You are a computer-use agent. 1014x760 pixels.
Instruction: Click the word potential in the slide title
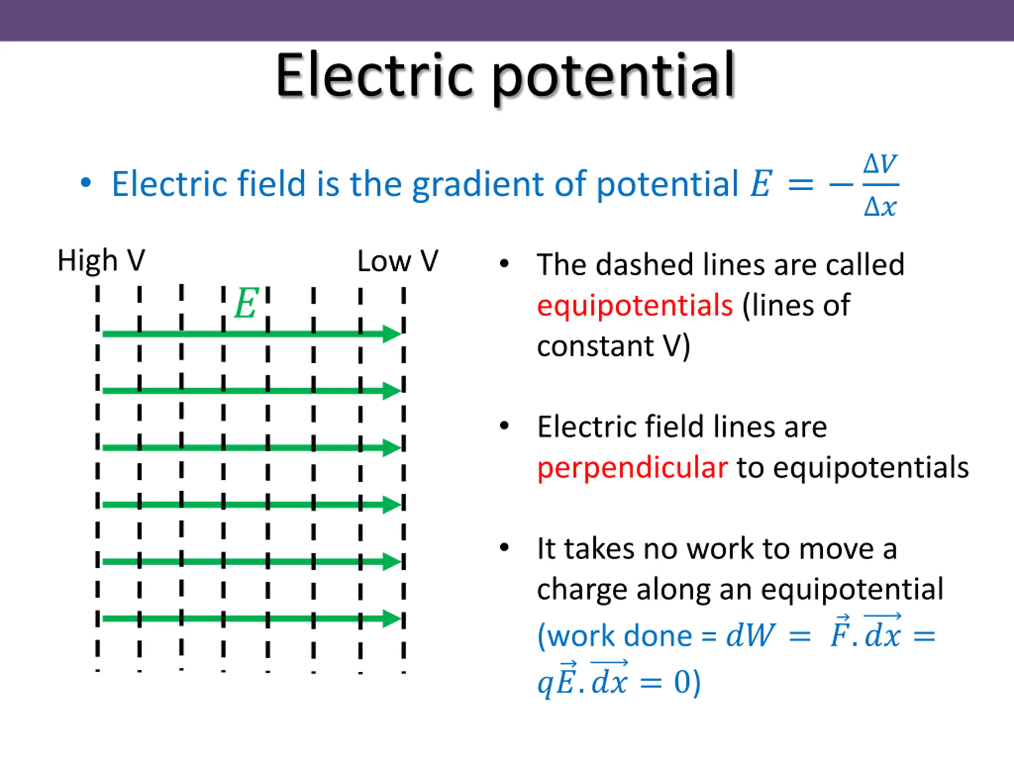point(614,78)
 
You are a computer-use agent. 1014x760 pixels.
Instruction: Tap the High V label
point(101,261)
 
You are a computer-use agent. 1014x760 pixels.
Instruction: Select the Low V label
point(397,262)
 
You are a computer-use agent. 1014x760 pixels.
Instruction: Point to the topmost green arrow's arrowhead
point(393,334)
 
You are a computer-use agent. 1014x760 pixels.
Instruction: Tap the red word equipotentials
point(635,305)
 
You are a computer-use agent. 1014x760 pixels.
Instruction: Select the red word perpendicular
point(632,468)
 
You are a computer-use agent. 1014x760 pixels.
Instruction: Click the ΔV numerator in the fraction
point(880,164)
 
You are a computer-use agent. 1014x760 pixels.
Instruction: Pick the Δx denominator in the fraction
point(880,207)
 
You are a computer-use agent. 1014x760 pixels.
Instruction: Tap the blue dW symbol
point(751,636)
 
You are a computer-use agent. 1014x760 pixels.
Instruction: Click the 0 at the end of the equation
point(682,682)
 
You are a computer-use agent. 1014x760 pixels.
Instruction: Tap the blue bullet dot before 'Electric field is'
point(86,183)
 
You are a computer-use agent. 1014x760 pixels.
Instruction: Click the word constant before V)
point(595,346)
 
